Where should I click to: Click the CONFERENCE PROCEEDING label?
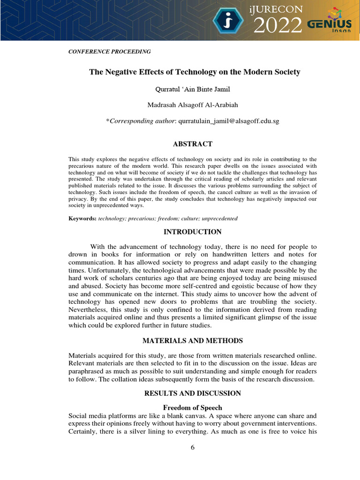[110, 51]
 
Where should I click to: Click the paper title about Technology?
[195, 72]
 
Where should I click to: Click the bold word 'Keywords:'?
[82, 218]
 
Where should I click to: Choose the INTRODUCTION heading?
[192, 232]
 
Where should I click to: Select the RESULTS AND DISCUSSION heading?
[192, 393]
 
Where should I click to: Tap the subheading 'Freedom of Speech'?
[192, 408]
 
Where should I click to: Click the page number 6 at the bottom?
[192, 447]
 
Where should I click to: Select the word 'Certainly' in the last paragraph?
[82, 431]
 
